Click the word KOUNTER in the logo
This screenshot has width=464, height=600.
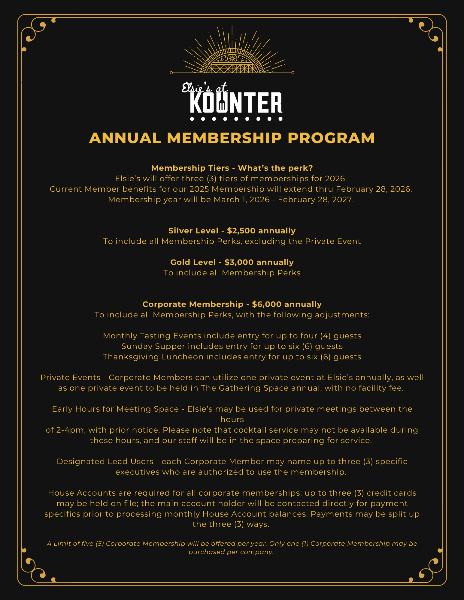pos(236,103)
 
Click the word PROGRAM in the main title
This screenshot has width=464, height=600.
pos(331,138)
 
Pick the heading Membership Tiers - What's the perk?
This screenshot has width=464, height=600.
pos(232,168)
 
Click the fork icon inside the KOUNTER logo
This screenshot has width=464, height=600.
pos(222,104)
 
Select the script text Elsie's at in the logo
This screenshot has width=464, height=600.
pos(204,88)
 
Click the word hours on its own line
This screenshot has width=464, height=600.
pos(232,419)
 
